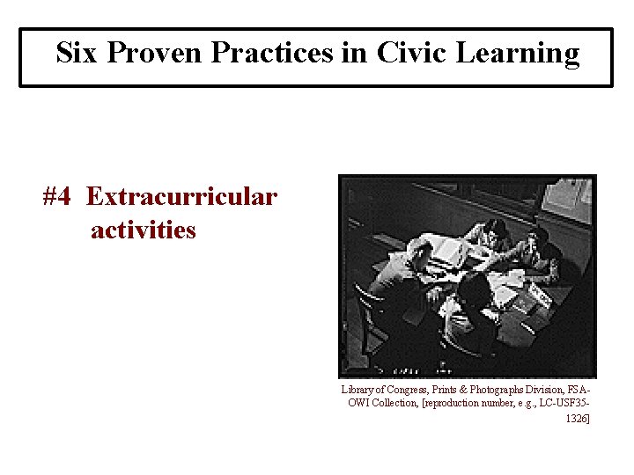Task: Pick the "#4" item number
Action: coord(57,196)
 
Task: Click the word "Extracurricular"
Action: coord(181,196)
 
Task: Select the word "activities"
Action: coord(143,230)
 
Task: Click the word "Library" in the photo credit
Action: coord(358,389)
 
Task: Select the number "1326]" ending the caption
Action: coord(578,418)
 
